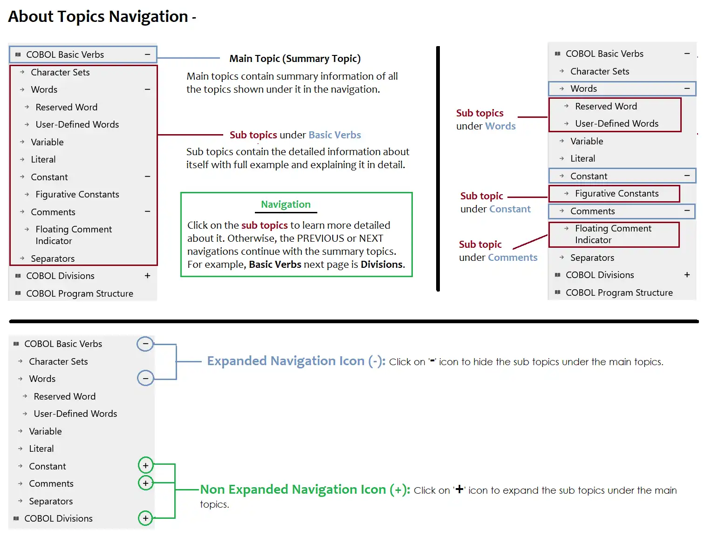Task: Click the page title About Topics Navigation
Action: click(98, 17)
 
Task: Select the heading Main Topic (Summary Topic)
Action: click(294, 59)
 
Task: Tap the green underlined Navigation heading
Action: click(286, 204)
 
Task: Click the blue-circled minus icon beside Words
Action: click(145, 378)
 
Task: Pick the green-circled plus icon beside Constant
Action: click(145, 465)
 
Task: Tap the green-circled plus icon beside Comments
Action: click(145, 483)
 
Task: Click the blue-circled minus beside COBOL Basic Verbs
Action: click(145, 344)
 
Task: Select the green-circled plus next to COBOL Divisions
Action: click(145, 518)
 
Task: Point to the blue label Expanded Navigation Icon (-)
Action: click(296, 361)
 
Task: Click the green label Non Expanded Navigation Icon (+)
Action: click(305, 489)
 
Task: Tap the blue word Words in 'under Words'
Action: click(500, 126)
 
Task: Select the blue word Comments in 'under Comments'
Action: click(513, 258)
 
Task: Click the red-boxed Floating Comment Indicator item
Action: click(613, 234)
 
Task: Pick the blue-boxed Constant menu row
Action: click(621, 176)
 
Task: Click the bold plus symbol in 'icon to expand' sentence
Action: click(459, 489)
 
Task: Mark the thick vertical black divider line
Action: click(438, 168)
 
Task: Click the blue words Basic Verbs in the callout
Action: click(335, 135)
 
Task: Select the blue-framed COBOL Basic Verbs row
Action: click(83, 54)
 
